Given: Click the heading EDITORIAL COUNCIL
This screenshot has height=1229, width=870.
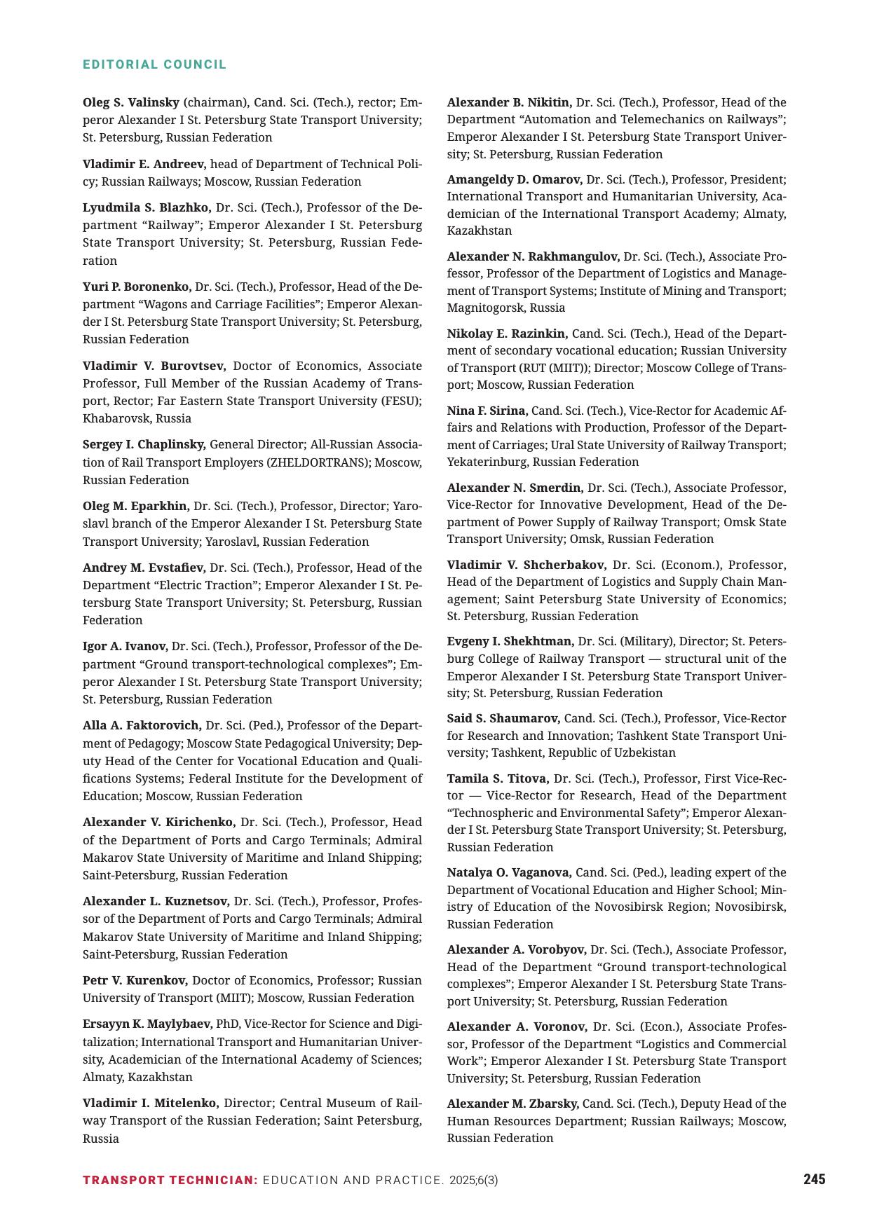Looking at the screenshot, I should pos(154,64).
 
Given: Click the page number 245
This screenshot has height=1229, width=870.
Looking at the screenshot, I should pos(814,1179).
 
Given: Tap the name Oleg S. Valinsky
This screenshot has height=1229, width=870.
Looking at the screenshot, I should pos(131,102).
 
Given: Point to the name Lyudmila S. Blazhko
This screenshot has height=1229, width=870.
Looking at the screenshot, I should pos(147,207).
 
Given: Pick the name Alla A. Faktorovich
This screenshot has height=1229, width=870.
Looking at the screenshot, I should pos(142,725).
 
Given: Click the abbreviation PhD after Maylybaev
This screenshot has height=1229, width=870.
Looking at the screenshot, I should pos(228,1024).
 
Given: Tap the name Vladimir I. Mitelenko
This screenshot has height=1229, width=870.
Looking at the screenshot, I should pos(151,1103).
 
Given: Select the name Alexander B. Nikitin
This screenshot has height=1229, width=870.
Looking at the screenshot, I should pos(509,102).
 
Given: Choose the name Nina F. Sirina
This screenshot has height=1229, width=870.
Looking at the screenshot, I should pos(487,411).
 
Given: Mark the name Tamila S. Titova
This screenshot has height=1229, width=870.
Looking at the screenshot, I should pos(498,778).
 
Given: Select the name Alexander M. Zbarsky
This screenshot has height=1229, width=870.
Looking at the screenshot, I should pos(512,1104).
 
